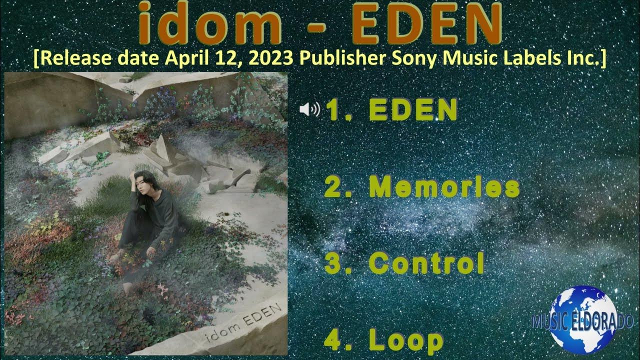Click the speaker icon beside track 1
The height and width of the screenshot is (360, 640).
[x=309, y=109]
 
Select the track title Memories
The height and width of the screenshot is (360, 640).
[x=444, y=187]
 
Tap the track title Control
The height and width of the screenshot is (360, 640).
[x=426, y=263]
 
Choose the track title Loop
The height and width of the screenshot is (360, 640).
[x=406, y=340]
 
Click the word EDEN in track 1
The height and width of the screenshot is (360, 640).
[x=413, y=109]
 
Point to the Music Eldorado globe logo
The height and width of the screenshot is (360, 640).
[x=583, y=320]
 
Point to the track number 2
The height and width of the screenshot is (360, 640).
[x=333, y=187]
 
